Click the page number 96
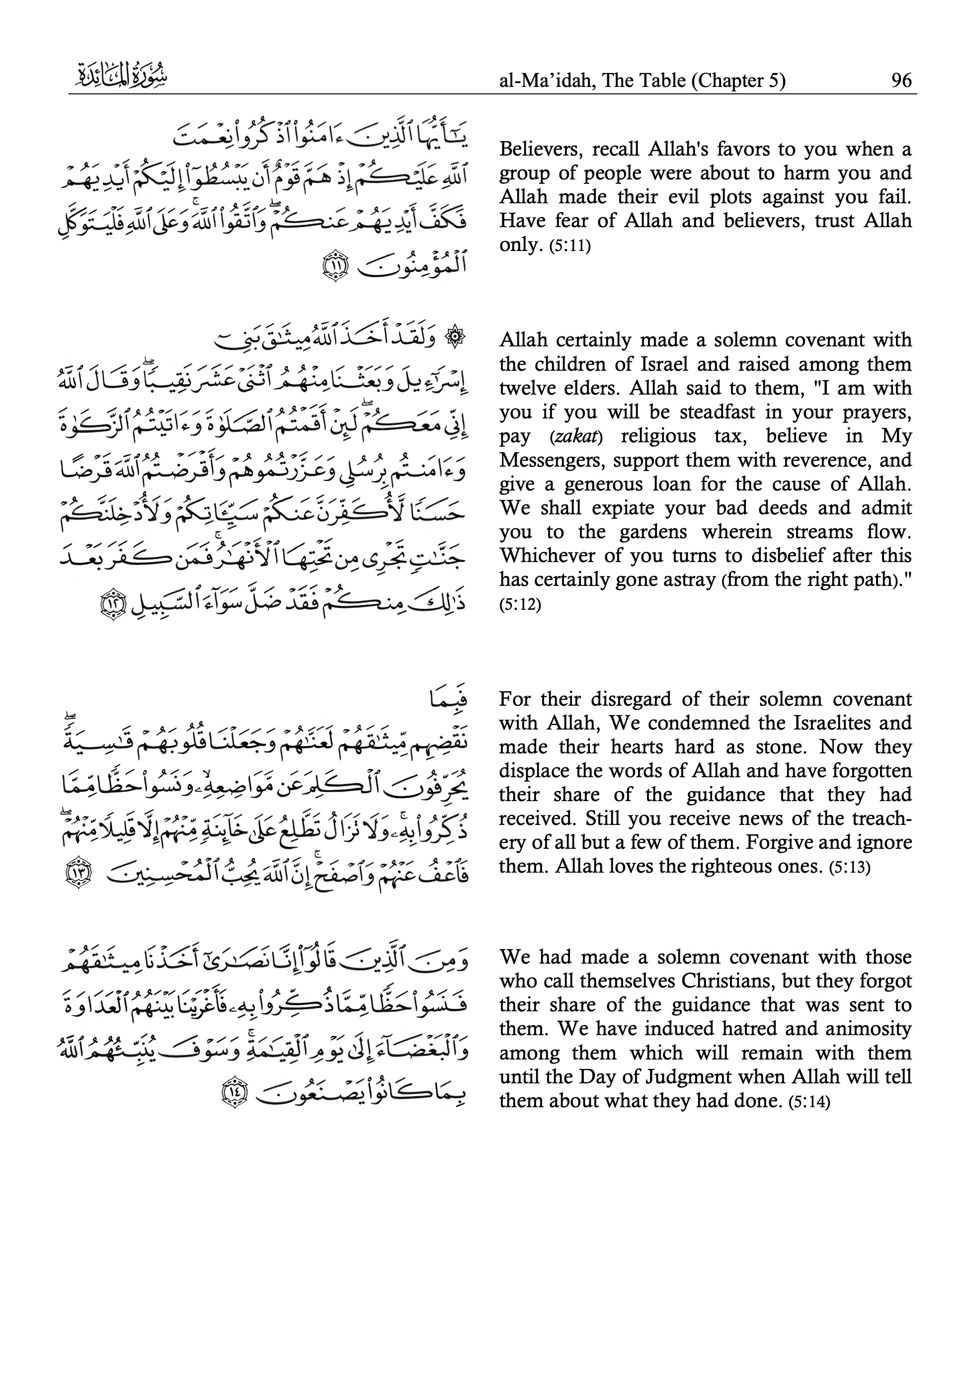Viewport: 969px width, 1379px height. coord(901,81)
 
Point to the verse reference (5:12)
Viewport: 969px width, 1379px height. coord(520,604)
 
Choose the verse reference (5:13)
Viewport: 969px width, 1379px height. coord(849,868)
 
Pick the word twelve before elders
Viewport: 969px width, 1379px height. coord(525,388)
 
